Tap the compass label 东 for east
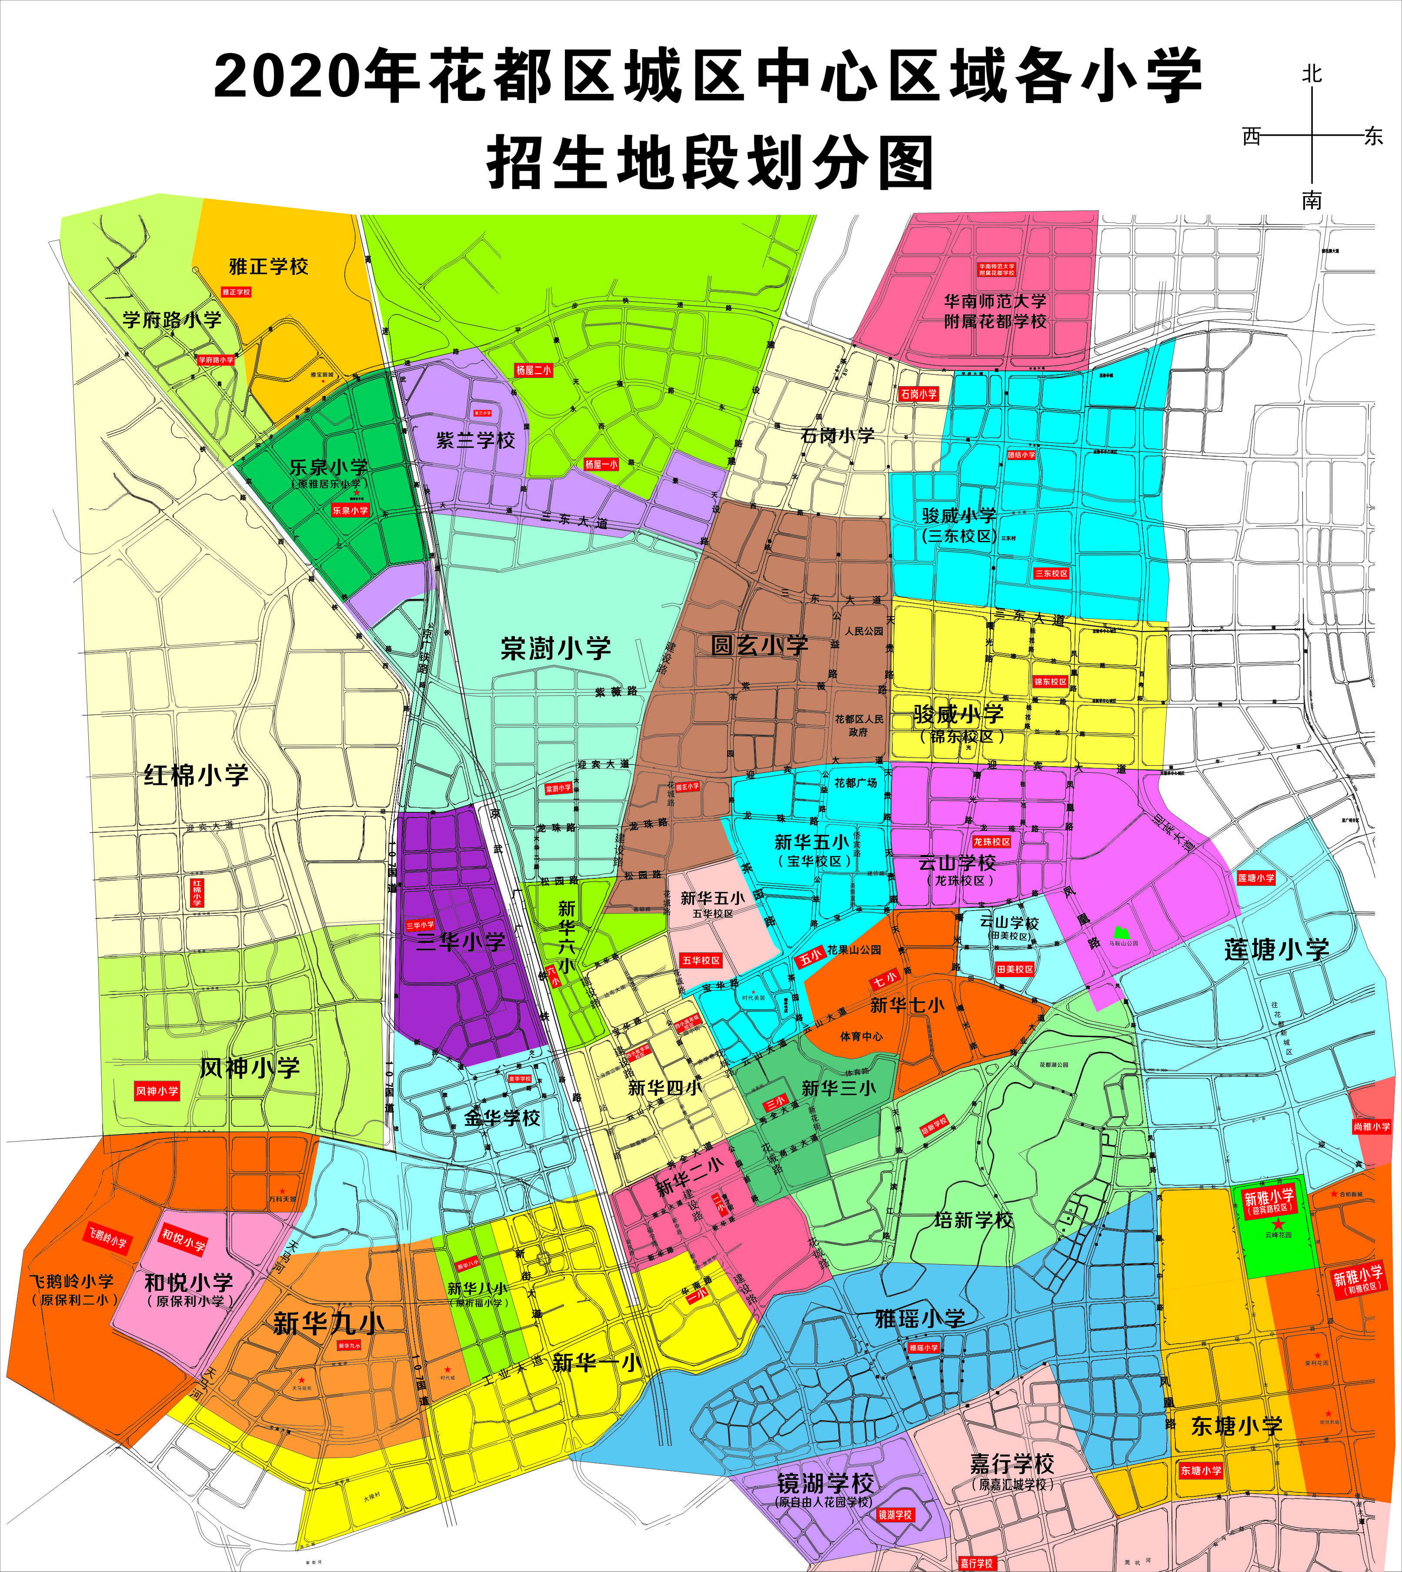(1373, 137)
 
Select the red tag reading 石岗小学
(918, 394)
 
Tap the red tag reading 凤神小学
(157, 1091)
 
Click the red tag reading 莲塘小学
(1255, 877)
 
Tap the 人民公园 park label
(864, 631)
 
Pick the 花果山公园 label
(854, 950)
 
